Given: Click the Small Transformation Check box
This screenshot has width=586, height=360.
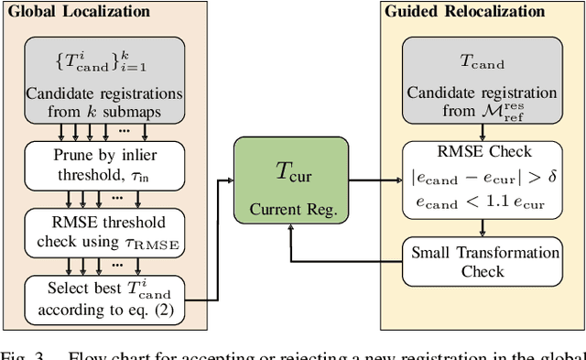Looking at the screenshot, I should [483, 261].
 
